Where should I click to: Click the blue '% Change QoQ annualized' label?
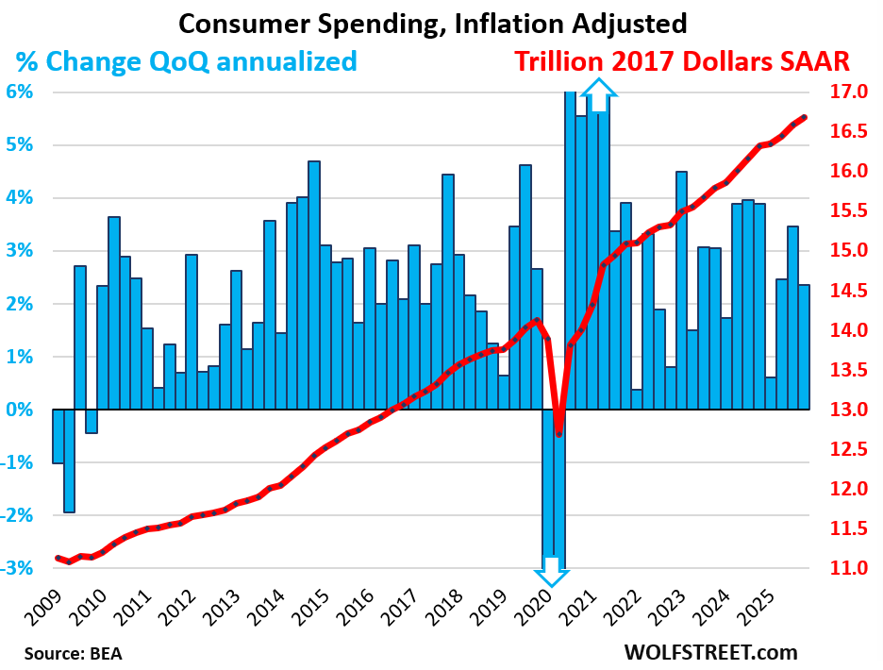click(186, 62)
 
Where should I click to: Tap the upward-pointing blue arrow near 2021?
click(598, 92)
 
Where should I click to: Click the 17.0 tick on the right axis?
click(847, 92)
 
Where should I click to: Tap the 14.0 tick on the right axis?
click(847, 330)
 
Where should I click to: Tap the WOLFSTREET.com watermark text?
click(709, 651)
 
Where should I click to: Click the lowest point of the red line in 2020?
click(559, 433)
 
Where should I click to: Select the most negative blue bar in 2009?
click(69, 461)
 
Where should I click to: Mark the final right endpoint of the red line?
click(805, 117)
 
